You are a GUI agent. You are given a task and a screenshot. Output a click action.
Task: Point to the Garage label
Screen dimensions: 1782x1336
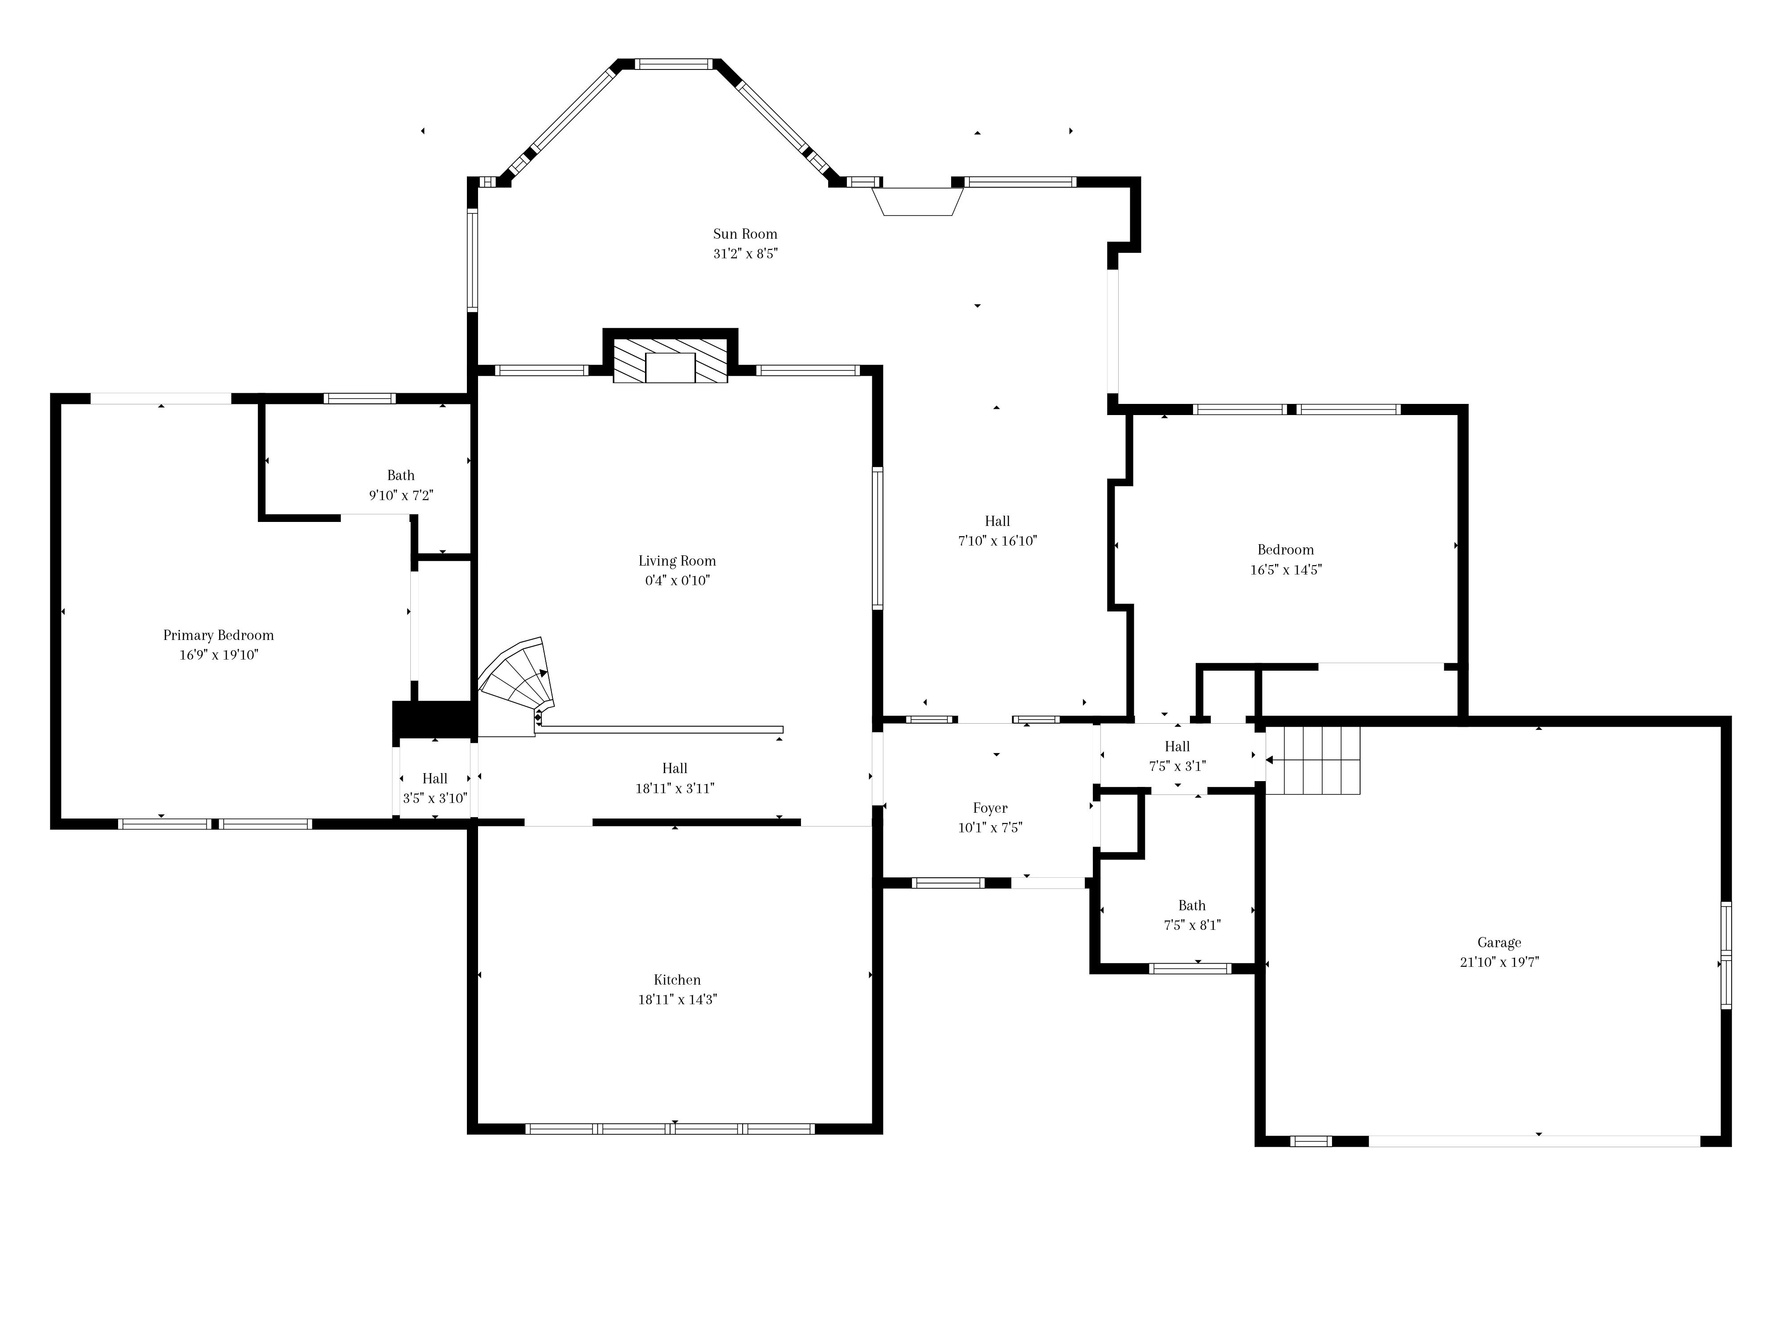1499,942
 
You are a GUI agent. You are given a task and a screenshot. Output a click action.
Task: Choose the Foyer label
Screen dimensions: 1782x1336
990,808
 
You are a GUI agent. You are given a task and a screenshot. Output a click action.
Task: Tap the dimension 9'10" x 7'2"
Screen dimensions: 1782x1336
401,495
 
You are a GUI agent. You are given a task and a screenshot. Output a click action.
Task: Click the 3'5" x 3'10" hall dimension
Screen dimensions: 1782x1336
435,798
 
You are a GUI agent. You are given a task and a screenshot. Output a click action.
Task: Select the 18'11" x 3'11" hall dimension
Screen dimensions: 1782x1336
675,788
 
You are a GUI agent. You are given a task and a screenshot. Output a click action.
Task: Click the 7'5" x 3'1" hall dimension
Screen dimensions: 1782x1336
1177,766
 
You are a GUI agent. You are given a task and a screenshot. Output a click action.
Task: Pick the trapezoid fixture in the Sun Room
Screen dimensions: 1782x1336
918,201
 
